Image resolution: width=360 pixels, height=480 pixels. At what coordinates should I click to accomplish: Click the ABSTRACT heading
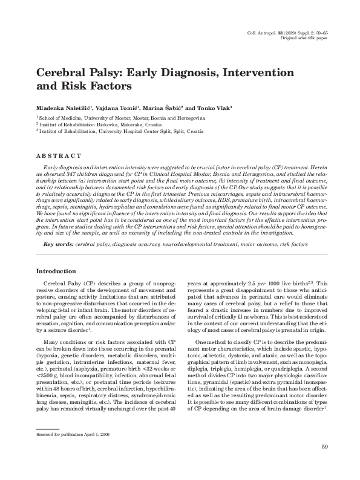click(59, 156)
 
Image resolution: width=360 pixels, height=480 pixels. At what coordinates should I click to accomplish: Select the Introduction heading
click(56, 271)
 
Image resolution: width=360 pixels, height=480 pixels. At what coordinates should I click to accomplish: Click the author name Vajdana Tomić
click(122, 106)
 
